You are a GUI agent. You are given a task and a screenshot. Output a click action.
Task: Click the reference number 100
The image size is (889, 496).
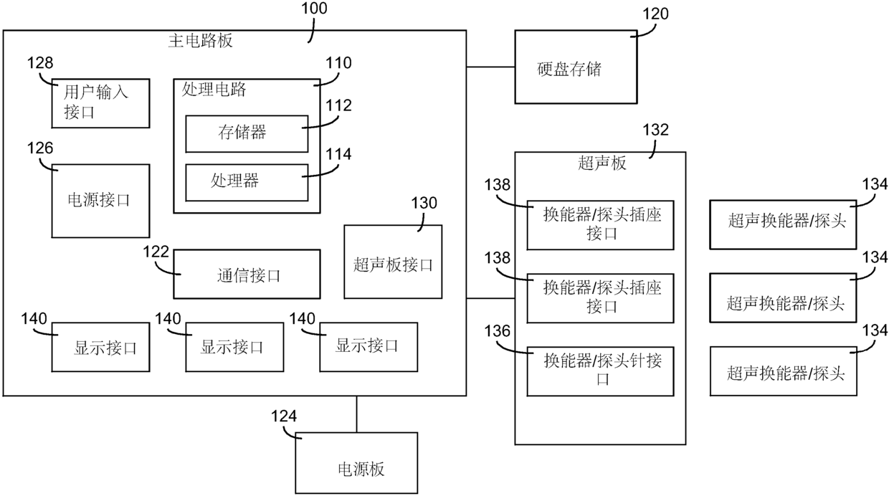click(x=314, y=9)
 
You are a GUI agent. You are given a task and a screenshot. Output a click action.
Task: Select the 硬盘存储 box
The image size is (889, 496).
click(x=576, y=67)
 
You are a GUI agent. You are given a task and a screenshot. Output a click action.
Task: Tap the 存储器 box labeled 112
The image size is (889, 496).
click(x=247, y=134)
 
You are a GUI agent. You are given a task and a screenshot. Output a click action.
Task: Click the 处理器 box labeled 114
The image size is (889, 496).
click(x=247, y=183)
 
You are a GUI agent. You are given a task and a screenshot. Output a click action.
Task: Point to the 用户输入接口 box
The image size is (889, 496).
click(x=100, y=103)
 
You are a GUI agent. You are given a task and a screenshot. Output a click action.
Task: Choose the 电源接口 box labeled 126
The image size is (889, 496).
click(x=100, y=201)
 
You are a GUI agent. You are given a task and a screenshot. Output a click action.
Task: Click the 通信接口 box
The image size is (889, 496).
click(x=247, y=274)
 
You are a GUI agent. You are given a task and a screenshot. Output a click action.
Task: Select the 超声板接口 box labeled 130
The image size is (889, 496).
click(x=393, y=262)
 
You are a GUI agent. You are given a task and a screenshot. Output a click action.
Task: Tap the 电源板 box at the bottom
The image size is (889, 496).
click(x=356, y=462)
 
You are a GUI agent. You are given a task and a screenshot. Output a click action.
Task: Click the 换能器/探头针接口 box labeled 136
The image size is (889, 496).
click(x=600, y=371)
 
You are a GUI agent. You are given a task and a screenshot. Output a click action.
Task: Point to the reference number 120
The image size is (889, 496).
click(x=655, y=14)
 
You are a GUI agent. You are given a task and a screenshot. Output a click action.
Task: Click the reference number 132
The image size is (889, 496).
click(x=655, y=130)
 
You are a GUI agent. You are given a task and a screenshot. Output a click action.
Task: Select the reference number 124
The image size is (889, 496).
click(x=284, y=416)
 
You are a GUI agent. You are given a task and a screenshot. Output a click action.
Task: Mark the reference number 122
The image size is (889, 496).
click(x=156, y=252)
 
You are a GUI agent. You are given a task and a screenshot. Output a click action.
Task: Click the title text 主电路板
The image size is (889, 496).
click(x=201, y=41)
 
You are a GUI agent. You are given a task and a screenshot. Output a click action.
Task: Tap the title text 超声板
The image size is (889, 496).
click(x=602, y=163)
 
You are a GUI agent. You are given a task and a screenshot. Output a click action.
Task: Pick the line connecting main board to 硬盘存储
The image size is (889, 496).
click(x=490, y=67)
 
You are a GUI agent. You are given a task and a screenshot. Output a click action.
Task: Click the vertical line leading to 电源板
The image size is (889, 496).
click(x=356, y=414)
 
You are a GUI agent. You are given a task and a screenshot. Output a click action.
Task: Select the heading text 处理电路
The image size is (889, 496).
click(x=214, y=90)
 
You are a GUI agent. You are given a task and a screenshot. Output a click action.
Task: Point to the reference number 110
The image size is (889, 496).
click(x=338, y=63)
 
